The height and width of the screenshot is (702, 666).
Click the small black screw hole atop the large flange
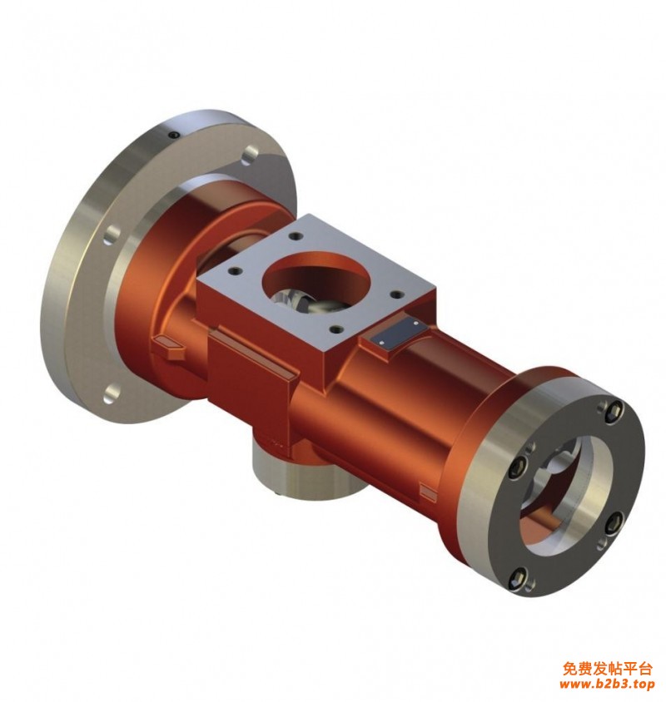click(x=173, y=135)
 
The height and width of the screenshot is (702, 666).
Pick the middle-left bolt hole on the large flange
click(x=113, y=235)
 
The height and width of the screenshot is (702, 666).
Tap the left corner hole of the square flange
click(x=233, y=271)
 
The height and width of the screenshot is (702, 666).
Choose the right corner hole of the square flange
click(x=395, y=294)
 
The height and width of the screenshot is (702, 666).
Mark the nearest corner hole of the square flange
click(x=335, y=330)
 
